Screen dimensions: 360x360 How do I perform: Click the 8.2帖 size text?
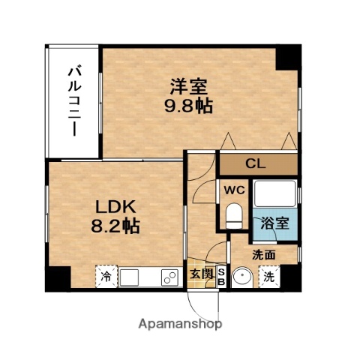[x=115, y=226]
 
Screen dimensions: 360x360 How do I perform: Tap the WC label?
[x=232, y=190]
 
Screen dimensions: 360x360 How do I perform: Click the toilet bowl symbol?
[x=234, y=217]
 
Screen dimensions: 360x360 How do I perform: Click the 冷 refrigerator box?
[x=106, y=277]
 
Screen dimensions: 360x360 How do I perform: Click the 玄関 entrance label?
[x=200, y=274]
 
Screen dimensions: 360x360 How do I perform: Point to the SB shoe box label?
[x=220, y=276]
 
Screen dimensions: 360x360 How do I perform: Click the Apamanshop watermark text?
[x=180, y=325]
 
